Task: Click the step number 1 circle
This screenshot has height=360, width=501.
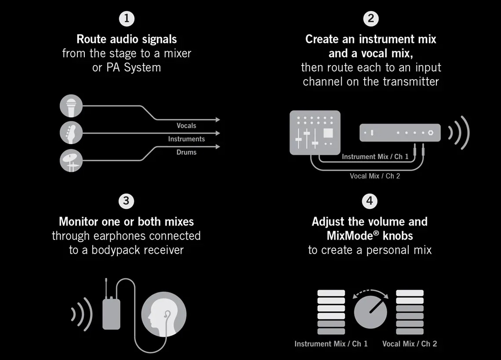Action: pos(127,18)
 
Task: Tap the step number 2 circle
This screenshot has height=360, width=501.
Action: pos(370,18)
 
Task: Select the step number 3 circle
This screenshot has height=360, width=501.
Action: pos(126,201)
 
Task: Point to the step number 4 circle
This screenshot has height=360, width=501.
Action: pos(370,201)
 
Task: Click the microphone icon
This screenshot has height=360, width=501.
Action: pos(71,106)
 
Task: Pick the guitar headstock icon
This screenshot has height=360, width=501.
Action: pos(71,133)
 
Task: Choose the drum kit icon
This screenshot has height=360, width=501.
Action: pos(71,160)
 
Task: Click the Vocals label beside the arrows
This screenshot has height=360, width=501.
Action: pos(186,126)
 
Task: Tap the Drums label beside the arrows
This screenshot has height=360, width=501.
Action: pos(186,152)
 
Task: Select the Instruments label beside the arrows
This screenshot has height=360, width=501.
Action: pos(186,139)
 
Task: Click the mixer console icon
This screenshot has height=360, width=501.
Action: pos(315,133)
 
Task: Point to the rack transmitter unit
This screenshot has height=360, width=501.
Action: pos(400,132)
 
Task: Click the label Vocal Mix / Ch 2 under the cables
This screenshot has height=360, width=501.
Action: pos(375,176)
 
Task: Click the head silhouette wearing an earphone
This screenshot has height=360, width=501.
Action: pos(163,314)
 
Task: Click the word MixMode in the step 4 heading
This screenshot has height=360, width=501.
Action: pos(350,236)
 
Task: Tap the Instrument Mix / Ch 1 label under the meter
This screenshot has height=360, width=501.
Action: pos(331,344)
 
